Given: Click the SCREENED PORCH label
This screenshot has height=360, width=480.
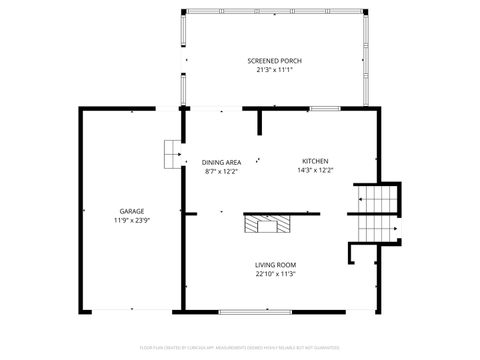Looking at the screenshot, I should (x=274, y=61).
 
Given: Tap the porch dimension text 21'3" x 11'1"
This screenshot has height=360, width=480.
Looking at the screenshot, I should (x=274, y=70).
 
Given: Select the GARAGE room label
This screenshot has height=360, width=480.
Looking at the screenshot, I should (x=132, y=211).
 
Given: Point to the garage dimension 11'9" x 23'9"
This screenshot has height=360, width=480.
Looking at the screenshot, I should (x=132, y=220).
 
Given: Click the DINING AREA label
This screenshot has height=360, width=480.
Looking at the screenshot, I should (x=221, y=161).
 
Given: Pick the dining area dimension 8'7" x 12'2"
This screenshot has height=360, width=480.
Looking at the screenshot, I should (x=221, y=170).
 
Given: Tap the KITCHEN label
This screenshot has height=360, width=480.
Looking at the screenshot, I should (x=315, y=161).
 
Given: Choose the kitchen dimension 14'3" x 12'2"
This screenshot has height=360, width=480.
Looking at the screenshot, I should (x=315, y=170).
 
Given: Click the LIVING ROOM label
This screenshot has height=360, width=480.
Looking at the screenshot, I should (x=275, y=264).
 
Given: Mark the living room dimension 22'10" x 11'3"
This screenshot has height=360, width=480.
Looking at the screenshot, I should (x=275, y=273).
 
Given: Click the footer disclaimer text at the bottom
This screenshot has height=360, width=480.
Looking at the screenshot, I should (x=240, y=347).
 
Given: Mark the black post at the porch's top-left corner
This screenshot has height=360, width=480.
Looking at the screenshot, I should (x=183, y=11).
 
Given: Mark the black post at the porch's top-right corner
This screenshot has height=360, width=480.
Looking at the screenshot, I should (x=366, y=11).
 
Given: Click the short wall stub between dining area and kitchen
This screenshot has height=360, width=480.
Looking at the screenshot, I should (x=259, y=121).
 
